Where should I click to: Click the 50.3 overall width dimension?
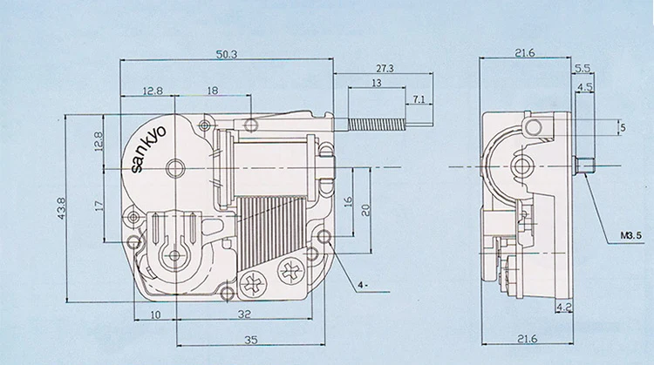(x=227, y=54)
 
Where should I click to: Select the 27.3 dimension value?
(x=383, y=67)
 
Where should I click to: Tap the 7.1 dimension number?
(x=419, y=100)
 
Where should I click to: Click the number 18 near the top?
(x=213, y=91)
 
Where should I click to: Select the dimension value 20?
(x=366, y=209)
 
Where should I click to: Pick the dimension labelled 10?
(x=154, y=314)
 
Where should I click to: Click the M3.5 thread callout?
(x=631, y=236)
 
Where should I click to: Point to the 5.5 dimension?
(x=582, y=67)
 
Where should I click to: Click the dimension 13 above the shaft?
(x=376, y=83)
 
